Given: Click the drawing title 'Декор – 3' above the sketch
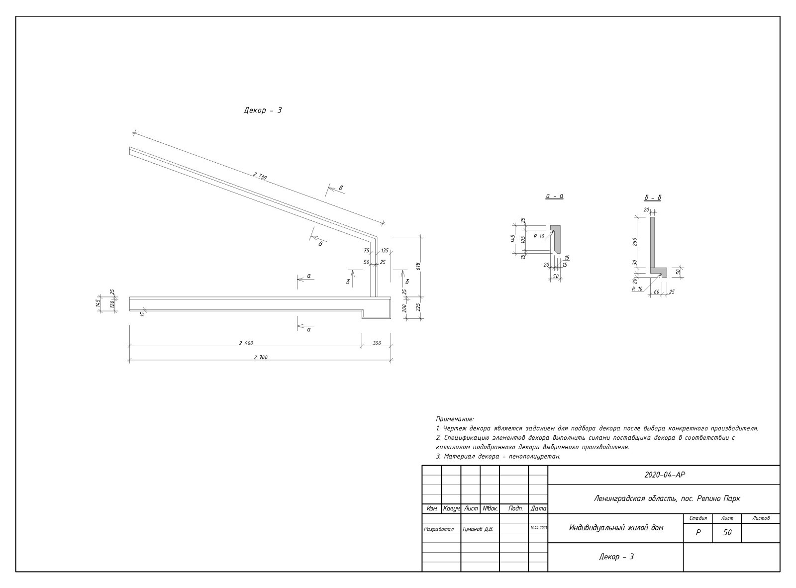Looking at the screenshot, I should (263, 110).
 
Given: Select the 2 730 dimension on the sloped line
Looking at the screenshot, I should (260, 176).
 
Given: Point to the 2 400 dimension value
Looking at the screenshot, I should (246, 343).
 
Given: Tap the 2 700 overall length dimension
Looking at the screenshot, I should (260, 357).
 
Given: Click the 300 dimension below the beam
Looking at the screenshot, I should (376, 343).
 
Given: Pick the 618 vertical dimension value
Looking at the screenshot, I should (419, 266).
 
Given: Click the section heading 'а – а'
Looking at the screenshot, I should (554, 196).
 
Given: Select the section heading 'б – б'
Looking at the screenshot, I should (652, 198).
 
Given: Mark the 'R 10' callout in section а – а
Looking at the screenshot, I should (539, 236).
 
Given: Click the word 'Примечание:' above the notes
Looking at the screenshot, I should (455, 419).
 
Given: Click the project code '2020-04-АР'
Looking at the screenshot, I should (665, 475).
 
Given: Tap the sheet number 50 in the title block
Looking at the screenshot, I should (727, 532).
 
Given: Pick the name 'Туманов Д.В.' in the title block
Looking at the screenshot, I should (478, 529).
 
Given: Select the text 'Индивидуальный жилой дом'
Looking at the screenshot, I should (616, 528).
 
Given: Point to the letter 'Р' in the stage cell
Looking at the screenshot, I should (698, 532).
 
